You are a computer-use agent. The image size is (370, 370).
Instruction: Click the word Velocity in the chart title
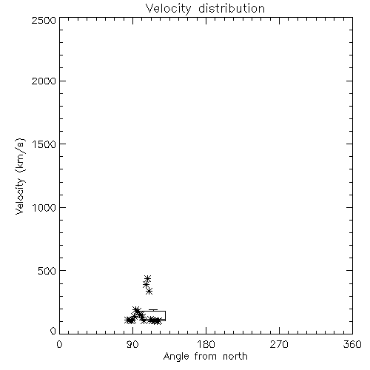tap(169, 9)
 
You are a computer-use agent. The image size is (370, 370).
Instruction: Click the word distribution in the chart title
tap(232, 8)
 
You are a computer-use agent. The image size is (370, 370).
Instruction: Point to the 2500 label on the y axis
tap(44, 20)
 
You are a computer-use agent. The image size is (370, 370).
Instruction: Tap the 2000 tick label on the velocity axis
tap(44, 81)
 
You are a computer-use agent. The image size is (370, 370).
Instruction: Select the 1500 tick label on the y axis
tap(44, 144)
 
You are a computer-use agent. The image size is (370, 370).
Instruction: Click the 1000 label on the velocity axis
tap(44, 208)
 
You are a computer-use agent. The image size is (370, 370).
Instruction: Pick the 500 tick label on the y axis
tap(47, 271)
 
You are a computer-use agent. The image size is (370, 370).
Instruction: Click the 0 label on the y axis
tap(53, 331)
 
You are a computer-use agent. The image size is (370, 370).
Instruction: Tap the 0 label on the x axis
tap(59, 344)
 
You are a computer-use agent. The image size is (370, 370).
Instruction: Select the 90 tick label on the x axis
tap(132, 344)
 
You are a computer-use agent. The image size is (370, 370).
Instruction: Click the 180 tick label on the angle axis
tap(206, 344)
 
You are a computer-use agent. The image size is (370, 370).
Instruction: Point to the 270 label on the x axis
tap(279, 344)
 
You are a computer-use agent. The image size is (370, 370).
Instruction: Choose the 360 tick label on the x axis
tap(352, 344)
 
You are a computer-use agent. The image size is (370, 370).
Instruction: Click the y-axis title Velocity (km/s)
tap(20, 176)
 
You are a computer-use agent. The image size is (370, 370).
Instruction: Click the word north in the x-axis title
tap(235, 357)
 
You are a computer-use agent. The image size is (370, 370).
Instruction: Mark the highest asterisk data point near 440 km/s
tap(147, 279)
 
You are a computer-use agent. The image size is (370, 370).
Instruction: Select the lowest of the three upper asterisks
tap(149, 292)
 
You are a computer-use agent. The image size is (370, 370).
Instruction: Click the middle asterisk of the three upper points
tap(146, 285)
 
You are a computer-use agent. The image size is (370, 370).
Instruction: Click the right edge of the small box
tap(165, 316)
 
